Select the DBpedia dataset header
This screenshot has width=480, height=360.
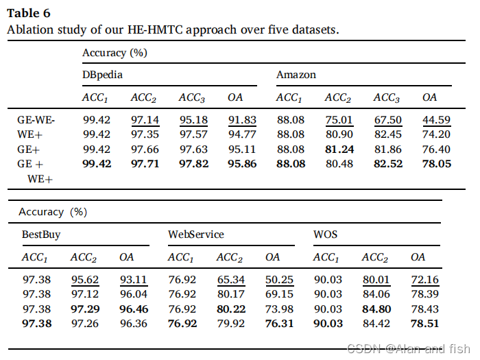(x=103, y=74)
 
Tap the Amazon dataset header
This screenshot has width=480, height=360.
(x=296, y=74)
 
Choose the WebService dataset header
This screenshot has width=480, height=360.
(x=196, y=235)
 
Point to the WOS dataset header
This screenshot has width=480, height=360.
(x=325, y=235)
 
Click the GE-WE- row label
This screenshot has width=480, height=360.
(x=36, y=120)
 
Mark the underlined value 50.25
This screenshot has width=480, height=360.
(x=279, y=280)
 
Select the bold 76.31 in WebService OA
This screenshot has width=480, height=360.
(x=279, y=323)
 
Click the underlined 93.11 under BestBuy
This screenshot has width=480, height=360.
(x=133, y=280)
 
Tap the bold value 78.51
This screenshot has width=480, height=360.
(x=424, y=323)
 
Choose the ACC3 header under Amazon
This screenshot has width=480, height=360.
(x=387, y=98)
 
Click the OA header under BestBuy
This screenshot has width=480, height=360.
(x=127, y=257)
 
